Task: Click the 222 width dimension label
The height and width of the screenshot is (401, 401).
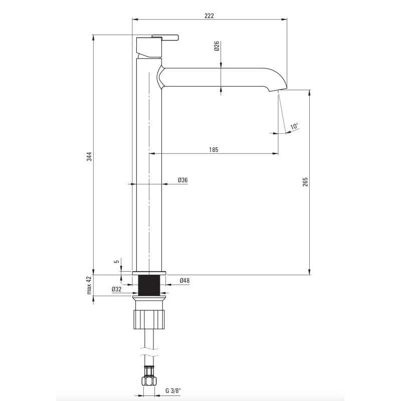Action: point(209,16)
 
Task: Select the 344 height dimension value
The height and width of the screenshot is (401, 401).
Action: point(89,156)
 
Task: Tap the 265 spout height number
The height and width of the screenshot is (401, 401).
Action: point(305,182)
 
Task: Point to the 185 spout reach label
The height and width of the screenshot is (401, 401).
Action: point(214,149)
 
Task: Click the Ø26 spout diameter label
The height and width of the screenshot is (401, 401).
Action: point(217,46)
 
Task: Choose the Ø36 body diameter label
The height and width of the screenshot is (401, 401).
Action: point(183,180)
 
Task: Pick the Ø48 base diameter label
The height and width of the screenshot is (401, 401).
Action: point(184,281)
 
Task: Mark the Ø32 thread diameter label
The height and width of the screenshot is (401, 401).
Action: point(117,289)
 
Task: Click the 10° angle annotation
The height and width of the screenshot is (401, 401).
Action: point(294,126)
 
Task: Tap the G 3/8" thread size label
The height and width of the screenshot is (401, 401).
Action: point(173,390)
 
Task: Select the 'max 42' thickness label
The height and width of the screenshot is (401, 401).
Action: point(89,285)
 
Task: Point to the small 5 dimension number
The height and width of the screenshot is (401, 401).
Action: point(117,262)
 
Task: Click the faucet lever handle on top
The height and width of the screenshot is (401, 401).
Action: point(165,37)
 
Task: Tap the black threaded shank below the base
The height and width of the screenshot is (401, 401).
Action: point(149,285)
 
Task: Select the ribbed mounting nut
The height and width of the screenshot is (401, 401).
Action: point(149,319)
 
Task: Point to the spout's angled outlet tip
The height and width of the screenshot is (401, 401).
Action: point(278,90)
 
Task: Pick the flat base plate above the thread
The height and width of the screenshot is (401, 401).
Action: point(149,273)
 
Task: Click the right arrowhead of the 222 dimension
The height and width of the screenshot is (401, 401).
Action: point(284,19)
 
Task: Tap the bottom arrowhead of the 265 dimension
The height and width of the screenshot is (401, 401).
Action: point(309,272)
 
